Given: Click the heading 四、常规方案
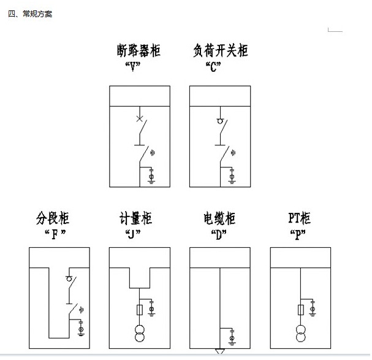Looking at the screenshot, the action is point(30,13).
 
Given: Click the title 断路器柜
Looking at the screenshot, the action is point(139,50).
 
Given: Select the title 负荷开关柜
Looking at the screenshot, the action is point(221,50).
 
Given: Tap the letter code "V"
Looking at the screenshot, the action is point(133,66).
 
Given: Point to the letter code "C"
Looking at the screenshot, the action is point(213,66).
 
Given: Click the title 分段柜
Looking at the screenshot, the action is point(53,218).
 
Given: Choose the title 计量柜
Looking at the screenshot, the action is point(135,218).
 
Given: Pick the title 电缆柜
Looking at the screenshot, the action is point(219,218).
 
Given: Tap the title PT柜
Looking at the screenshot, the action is point(299,218).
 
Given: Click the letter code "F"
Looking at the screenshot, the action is point(55,234).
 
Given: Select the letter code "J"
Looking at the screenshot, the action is point(133,234).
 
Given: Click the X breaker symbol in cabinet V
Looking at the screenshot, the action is point(140,118).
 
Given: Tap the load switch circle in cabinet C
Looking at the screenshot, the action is point(220,121).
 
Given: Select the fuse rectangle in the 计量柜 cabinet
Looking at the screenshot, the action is point(140,310).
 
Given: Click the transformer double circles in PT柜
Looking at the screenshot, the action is point(300,334).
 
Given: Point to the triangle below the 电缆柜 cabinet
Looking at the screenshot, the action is point(219,351).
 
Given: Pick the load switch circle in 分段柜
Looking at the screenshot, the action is point(69,278).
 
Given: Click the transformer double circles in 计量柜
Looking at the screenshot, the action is point(140,334).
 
